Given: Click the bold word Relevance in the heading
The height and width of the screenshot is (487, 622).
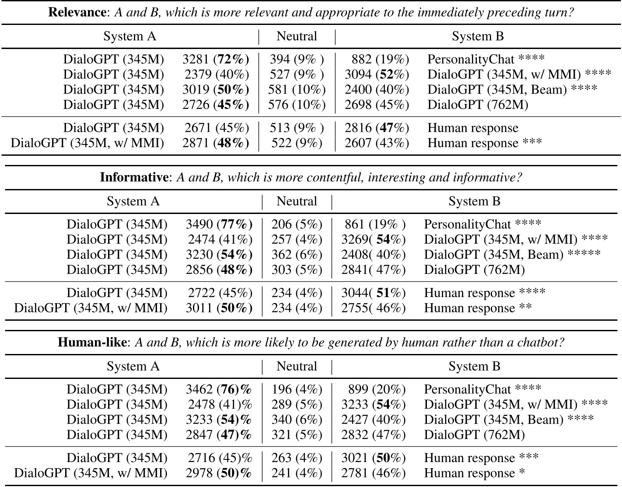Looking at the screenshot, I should pos(77,12).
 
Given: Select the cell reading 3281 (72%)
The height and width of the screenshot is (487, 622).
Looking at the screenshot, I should pos(216,59).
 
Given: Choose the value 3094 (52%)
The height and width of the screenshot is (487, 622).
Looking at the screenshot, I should pos(377,74).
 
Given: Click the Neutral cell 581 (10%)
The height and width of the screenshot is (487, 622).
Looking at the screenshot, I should pos(297,89).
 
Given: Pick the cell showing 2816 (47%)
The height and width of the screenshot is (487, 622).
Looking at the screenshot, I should pos(377,128).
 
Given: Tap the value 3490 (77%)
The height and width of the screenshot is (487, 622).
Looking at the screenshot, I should pos(219,224).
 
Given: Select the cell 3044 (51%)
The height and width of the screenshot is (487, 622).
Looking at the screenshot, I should pos(373,293).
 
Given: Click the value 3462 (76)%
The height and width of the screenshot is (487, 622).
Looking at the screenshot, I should pos(219,389).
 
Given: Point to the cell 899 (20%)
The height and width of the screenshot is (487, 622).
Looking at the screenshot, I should pos(377,389).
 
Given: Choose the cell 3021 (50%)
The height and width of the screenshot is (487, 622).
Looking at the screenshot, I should pos(373,458).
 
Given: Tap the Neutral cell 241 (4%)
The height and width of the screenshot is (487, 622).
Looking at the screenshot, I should pos(297,473).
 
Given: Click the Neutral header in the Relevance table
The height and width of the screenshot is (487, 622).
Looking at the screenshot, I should pos(297,36).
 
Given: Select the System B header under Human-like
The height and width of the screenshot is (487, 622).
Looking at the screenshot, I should pos(475,366).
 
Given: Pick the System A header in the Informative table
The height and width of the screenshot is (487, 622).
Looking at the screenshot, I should pos(133,201).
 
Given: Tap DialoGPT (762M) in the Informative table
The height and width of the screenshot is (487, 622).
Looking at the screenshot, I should pos(474,270).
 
